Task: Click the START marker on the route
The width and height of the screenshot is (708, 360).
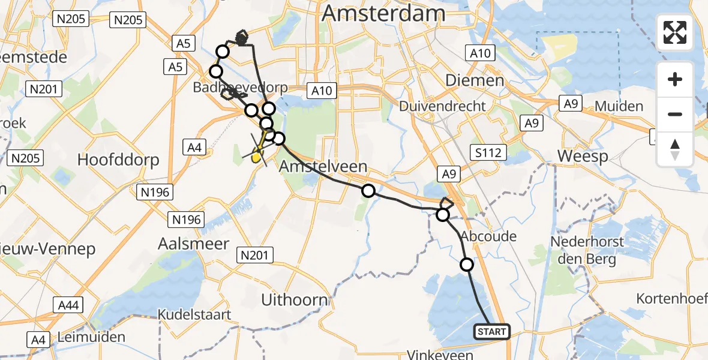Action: point(492,331)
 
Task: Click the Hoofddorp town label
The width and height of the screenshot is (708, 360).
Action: point(118,160)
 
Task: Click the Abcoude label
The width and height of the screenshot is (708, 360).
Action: point(488,236)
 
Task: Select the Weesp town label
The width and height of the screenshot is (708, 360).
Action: point(582,156)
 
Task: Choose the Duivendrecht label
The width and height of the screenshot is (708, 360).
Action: point(443,106)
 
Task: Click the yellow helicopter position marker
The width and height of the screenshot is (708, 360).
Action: point(256,158)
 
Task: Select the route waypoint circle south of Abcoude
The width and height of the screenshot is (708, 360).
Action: point(466,264)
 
